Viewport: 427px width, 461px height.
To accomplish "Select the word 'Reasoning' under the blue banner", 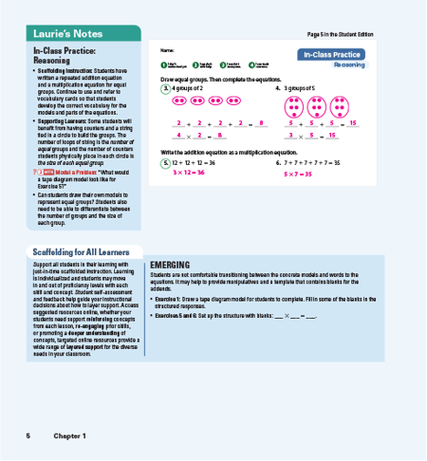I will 347,65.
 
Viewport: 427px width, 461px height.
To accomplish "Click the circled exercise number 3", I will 165,87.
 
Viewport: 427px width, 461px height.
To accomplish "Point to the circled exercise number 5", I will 165,163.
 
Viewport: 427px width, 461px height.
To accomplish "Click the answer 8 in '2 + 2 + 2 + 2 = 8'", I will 259,123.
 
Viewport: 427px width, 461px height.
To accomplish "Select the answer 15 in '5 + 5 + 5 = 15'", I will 352,123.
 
